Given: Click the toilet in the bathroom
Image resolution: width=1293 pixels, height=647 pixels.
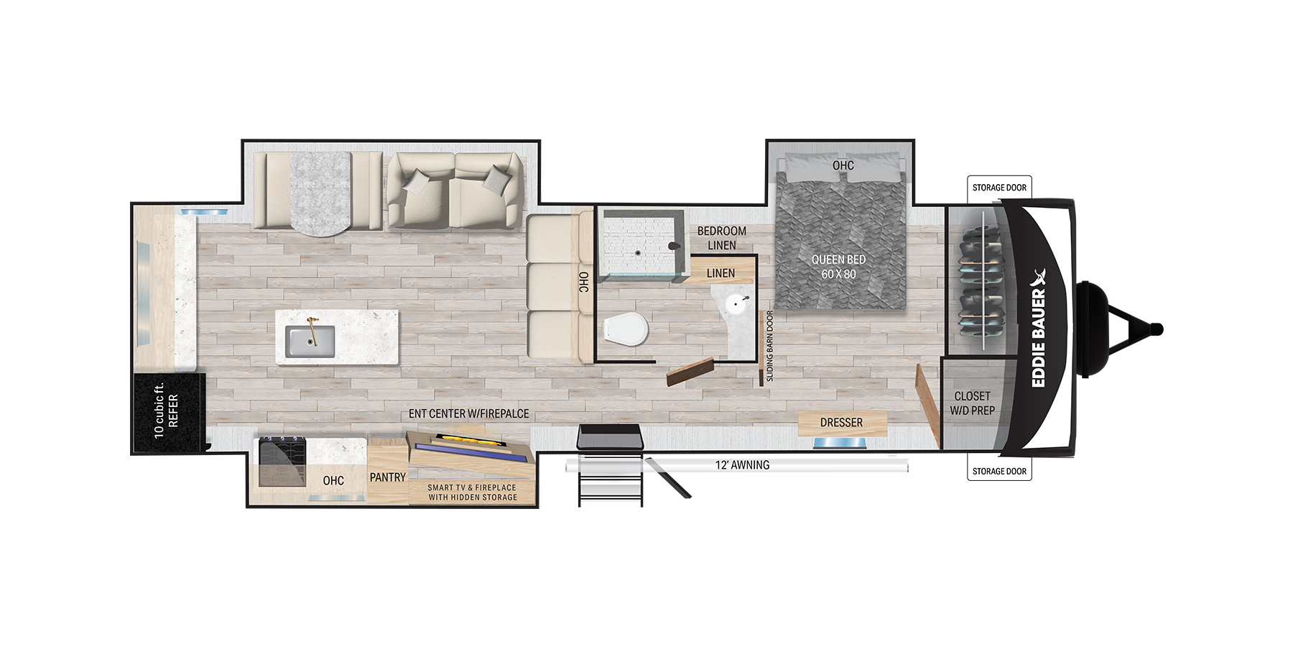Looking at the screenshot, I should pos(626,330).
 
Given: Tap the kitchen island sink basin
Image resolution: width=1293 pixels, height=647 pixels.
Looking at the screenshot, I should pos(310,341).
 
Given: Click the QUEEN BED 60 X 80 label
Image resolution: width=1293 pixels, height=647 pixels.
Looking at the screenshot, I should pos(838,267).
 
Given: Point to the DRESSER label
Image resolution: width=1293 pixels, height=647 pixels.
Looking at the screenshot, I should pos(841,423).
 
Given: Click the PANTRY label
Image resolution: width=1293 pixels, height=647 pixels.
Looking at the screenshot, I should pos(388,477).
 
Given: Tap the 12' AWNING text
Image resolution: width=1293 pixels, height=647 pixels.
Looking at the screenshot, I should pos(742,465).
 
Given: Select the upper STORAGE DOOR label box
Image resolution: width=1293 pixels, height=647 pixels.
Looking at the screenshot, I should pos(999,188).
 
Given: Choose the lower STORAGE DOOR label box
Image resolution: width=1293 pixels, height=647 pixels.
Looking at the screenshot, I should pos(999,472).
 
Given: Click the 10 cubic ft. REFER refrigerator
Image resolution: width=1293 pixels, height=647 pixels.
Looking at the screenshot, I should pos(168,413).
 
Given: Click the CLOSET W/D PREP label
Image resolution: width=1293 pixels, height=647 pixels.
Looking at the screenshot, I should pos(972,403).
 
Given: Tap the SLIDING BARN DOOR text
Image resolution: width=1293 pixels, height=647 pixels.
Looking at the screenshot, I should pos(770,346).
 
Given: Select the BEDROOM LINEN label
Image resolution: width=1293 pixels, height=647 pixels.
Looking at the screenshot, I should pos(721,238).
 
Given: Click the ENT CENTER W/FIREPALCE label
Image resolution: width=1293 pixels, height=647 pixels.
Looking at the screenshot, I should pos(468,414).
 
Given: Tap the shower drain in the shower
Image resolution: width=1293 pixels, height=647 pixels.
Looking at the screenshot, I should pos(637,253).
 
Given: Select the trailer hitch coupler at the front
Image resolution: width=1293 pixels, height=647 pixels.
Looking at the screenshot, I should pos(1155,329).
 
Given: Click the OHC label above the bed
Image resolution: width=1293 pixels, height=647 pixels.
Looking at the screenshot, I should pos(843,166).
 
